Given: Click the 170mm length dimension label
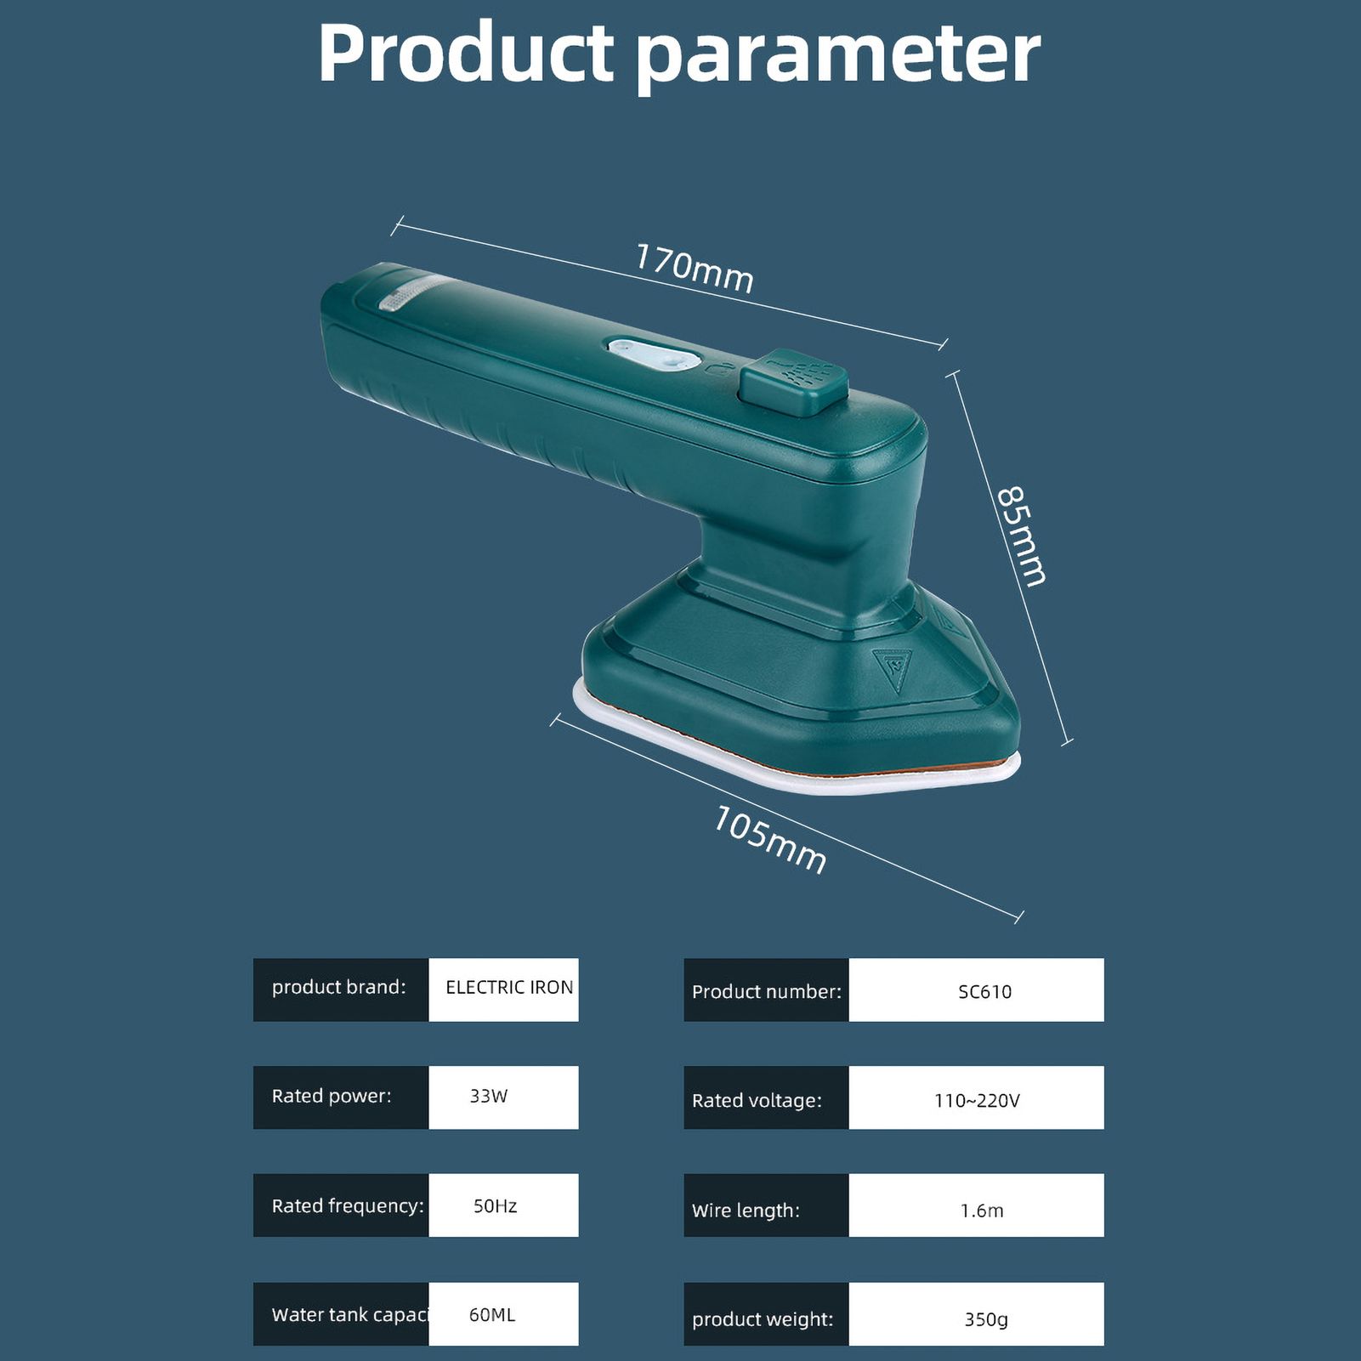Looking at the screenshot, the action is [695, 268].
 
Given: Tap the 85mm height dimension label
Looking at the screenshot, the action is [1021, 536].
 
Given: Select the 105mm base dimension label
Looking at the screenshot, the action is [769, 840].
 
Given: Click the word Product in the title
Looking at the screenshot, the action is [466, 53].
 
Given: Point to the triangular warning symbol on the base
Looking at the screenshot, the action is [893, 669].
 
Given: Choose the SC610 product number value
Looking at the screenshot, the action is [984, 991].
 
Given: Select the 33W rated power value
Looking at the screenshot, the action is [489, 1096].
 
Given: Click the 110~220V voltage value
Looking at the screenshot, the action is [977, 1100].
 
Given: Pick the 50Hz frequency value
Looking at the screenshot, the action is [495, 1205].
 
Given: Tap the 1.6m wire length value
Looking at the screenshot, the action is [982, 1210].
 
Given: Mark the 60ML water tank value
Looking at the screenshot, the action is [492, 1314].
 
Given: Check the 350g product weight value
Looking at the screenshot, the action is [986, 1319].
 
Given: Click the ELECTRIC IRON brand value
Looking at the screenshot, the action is [509, 987].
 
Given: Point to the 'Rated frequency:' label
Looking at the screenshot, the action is [348, 1205].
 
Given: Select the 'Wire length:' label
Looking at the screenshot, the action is [746, 1211].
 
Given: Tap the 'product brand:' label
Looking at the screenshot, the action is [338, 987].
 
